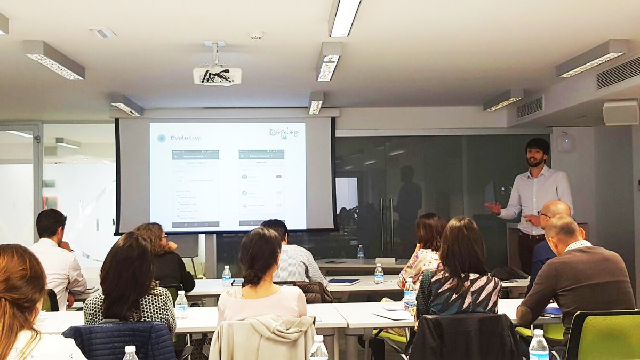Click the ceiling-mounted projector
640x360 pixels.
click(x=217, y=75)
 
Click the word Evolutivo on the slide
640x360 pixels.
click(x=185, y=138)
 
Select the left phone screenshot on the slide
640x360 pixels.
click(x=195, y=188)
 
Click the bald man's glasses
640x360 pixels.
click(x=543, y=214)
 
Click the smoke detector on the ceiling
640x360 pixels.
click(x=256, y=36)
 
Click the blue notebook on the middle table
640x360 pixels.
click(x=343, y=282)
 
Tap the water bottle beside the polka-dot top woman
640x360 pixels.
click(x=181, y=305)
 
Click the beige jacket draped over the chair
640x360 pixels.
click(x=262, y=338)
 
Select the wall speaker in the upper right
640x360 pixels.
click(x=620, y=113)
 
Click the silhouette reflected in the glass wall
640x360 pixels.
click(x=409, y=203)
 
